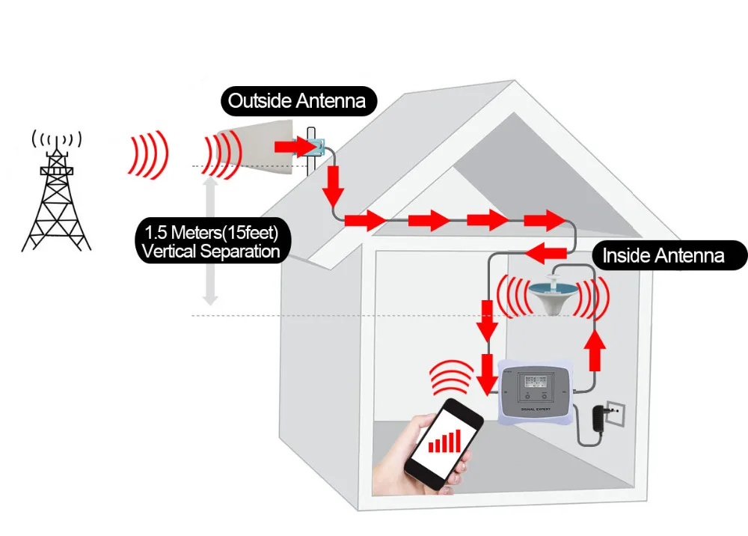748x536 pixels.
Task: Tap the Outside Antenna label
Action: [x=297, y=101]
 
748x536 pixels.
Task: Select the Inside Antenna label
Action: [x=663, y=256]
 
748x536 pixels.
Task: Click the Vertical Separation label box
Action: [x=210, y=240]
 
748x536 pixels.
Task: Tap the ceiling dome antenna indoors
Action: [x=554, y=294]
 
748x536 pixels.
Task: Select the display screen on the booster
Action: [x=533, y=381]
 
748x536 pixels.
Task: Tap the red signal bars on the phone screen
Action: [x=444, y=440]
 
